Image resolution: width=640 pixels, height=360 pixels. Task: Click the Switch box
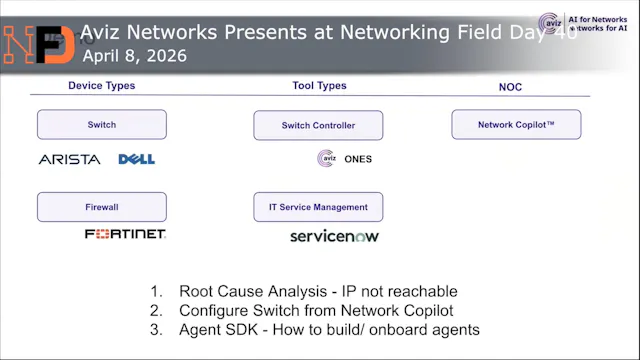point(102,125)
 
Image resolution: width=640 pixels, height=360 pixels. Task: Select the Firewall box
point(102,207)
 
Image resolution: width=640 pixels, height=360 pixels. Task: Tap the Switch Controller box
point(318,126)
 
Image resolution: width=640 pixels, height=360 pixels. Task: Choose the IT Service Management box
point(318,207)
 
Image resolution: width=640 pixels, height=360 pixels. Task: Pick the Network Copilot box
point(516,125)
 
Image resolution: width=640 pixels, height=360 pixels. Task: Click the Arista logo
point(69,159)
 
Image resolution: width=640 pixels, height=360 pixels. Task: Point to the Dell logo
point(136,159)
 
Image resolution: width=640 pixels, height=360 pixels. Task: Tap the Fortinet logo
point(125,234)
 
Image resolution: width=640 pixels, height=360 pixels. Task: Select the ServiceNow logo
point(334,236)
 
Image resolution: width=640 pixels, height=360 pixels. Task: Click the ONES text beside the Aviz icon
point(357,159)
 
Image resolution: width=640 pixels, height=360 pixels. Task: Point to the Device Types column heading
point(101,86)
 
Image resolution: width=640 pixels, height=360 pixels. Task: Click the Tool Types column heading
point(318,86)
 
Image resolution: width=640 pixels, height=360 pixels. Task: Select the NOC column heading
point(510,87)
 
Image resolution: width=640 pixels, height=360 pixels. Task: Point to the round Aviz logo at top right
point(550,24)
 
